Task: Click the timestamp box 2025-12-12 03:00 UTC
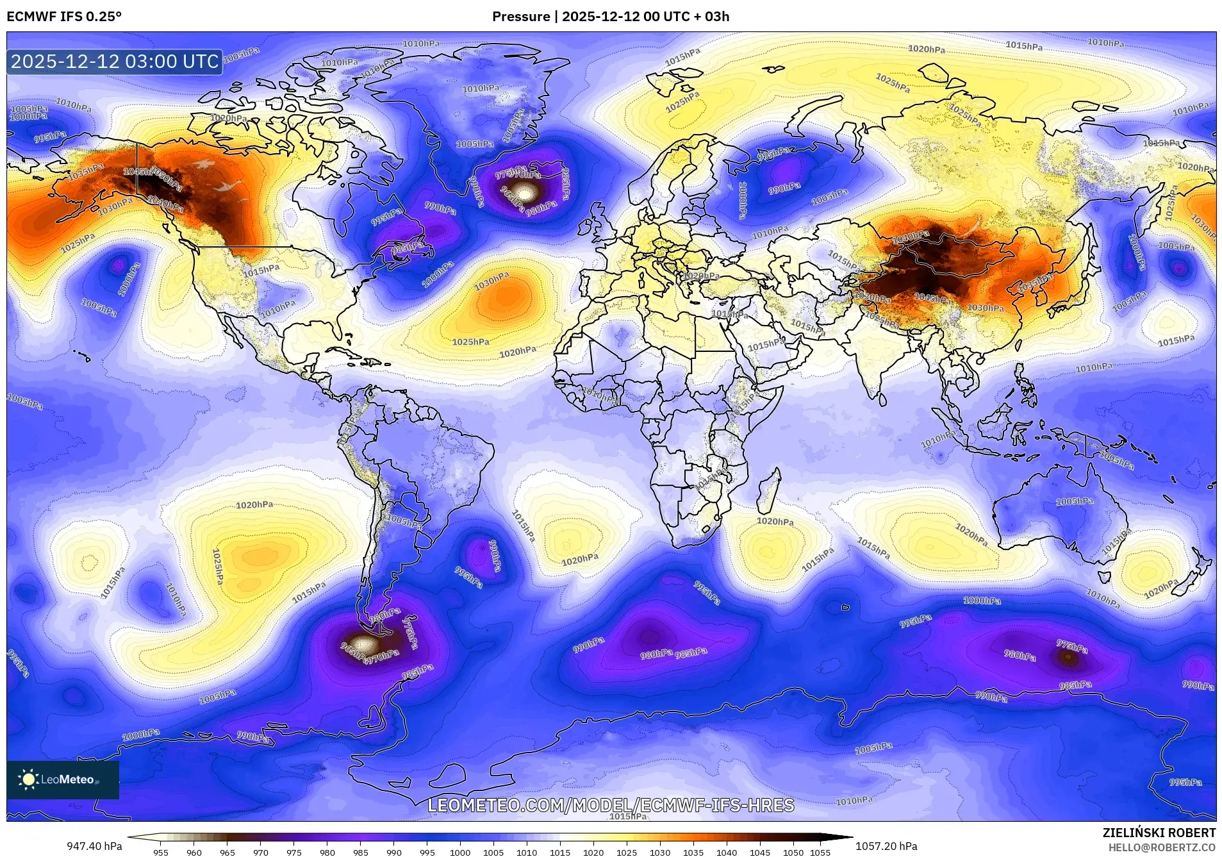[115, 62]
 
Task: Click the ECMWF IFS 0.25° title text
[64, 17]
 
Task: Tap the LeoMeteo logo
[62, 779]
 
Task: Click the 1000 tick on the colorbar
[460, 853]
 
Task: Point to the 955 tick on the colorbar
[161, 853]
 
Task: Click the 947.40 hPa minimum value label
[94, 846]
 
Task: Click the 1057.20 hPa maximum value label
[886, 846]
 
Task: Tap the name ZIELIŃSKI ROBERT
[1159, 833]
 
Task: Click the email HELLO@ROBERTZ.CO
[1162, 847]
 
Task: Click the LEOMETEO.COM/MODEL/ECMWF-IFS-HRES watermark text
[611, 805]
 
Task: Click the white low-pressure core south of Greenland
[526, 192]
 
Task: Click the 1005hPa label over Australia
[1074, 501]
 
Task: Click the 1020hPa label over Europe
[700, 276]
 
